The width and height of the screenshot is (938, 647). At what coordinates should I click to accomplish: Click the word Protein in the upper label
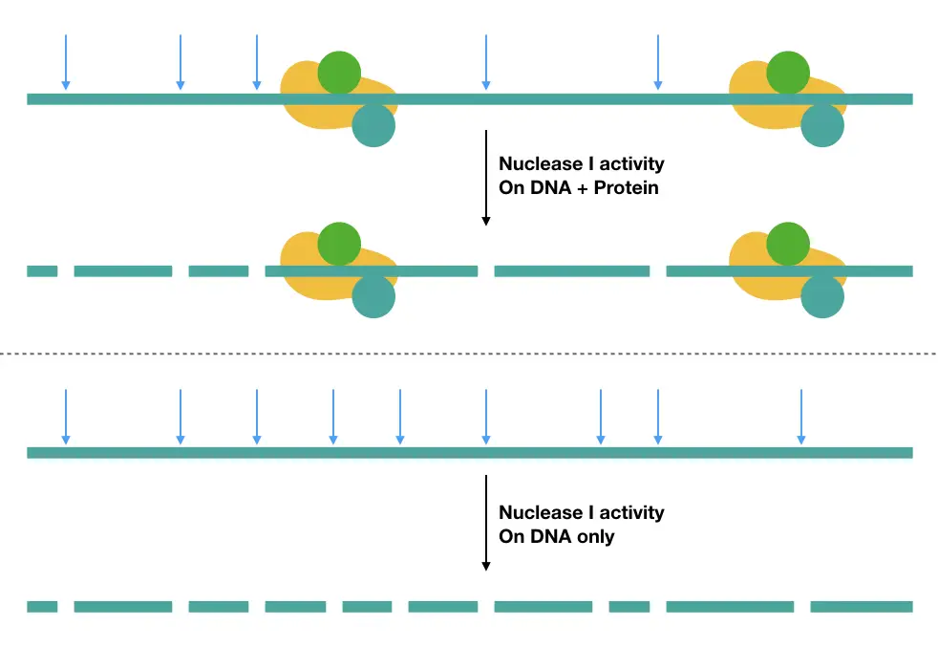click(626, 188)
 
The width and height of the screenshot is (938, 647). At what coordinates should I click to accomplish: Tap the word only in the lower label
click(595, 536)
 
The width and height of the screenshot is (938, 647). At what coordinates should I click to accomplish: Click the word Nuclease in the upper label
click(541, 163)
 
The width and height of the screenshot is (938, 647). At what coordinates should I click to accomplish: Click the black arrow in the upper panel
click(486, 178)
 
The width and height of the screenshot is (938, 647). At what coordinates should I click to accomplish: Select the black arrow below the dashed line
click(486, 523)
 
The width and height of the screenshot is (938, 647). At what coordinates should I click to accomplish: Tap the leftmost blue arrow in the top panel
click(66, 62)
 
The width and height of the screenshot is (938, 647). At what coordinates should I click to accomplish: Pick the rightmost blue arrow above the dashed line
click(658, 62)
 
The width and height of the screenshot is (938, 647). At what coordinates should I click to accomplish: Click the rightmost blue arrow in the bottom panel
click(801, 417)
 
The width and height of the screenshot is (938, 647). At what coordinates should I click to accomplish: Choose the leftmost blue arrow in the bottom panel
click(66, 417)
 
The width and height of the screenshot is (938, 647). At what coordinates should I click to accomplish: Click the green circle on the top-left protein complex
click(339, 73)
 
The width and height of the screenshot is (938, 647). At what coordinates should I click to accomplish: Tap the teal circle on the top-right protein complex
click(822, 126)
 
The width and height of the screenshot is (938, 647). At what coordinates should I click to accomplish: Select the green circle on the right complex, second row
click(788, 245)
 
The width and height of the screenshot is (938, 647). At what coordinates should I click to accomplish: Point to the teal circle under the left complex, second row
click(373, 297)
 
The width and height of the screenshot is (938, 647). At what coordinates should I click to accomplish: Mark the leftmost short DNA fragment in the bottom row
click(42, 607)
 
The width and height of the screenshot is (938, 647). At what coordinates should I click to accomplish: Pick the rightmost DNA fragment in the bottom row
click(862, 607)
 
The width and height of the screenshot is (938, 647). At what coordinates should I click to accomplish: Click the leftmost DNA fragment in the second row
click(42, 271)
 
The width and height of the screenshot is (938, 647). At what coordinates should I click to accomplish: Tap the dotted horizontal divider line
click(469, 354)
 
